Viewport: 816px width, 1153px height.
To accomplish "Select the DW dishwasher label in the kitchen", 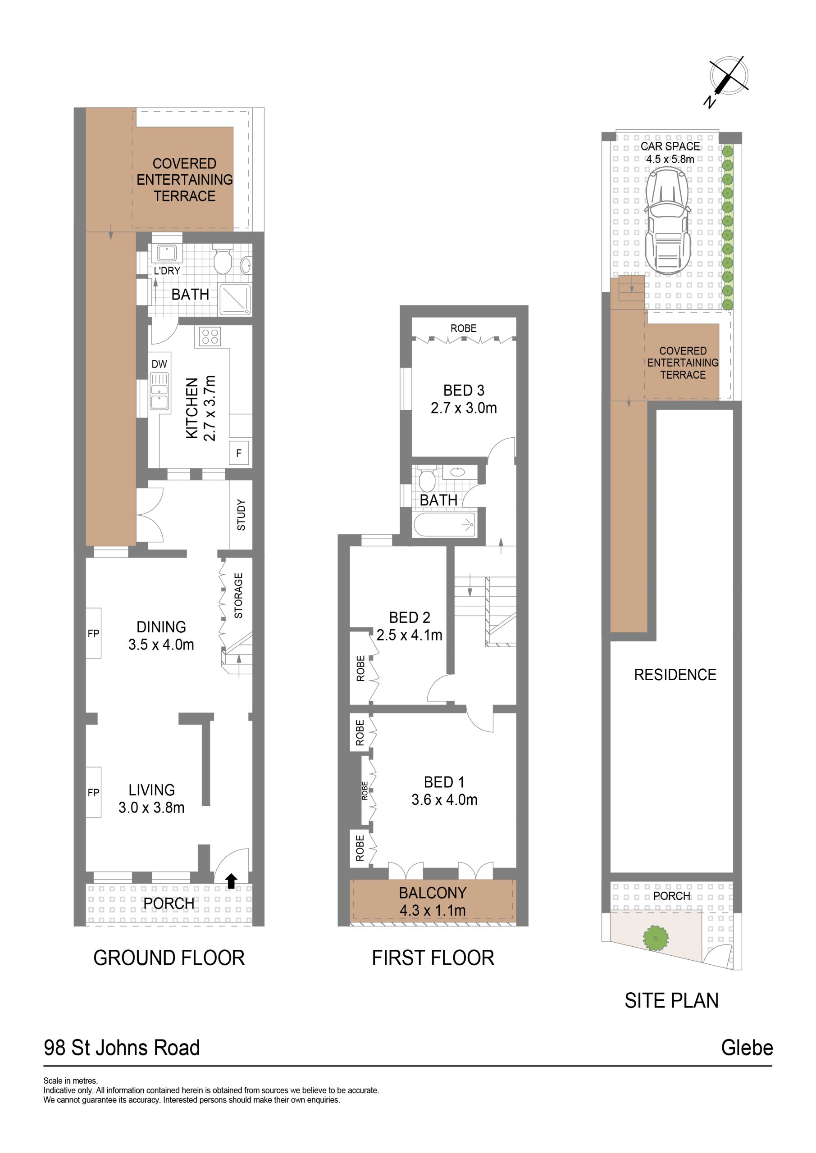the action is [x=160, y=364].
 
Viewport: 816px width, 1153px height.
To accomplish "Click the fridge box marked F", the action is [x=239, y=453].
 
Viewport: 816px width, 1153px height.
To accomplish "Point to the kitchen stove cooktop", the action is [x=210, y=336].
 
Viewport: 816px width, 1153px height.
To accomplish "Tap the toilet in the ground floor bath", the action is [x=222, y=259].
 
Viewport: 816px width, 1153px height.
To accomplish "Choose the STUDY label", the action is [x=241, y=515].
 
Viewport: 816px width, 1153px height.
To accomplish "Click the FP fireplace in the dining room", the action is [x=93, y=633].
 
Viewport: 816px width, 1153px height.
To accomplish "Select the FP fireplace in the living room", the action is [x=93, y=792].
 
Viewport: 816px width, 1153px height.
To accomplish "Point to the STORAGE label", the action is [x=239, y=595].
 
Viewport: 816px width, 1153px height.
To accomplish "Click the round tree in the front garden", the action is [x=655, y=938].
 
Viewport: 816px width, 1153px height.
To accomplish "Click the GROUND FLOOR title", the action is [x=169, y=958].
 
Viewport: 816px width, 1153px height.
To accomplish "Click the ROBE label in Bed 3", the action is [x=463, y=328].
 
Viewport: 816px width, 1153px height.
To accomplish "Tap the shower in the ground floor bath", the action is [x=234, y=300].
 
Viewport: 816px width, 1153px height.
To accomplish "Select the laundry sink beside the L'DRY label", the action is [x=167, y=253].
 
